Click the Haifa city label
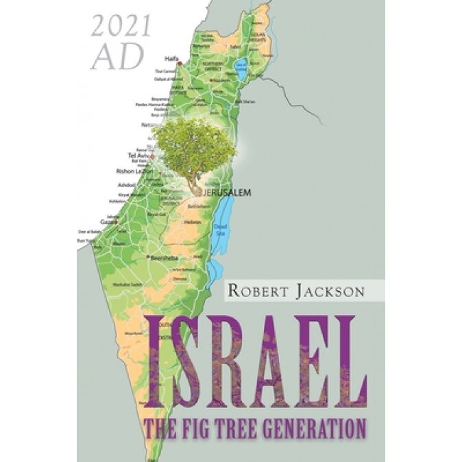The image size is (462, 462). click(x=171, y=58)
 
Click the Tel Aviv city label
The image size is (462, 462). click(x=139, y=156)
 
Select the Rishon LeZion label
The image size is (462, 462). click(x=133, y=171)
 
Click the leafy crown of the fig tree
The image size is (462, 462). click(x=195, y=143)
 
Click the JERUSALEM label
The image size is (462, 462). click(x=227, y=194)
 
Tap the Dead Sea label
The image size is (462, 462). click(x=219, y=230)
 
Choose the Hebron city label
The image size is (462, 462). click(x=192, y=223)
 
